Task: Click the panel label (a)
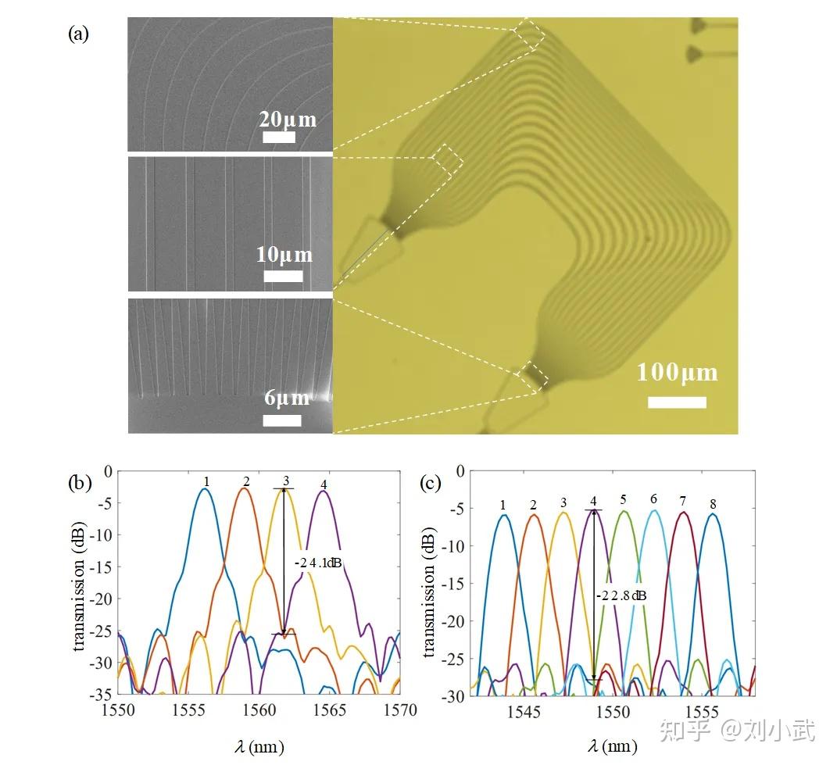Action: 78,34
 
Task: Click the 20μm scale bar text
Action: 288,120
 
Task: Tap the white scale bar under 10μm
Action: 283,276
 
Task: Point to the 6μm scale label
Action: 287,398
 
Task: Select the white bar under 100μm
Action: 677,402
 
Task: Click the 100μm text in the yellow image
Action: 677,373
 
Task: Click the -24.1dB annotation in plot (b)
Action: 317,563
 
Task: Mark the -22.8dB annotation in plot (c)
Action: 621,595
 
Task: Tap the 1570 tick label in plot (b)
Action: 400,710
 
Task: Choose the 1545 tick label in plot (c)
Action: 523,712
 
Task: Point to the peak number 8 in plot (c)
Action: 713,504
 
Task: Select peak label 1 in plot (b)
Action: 206,481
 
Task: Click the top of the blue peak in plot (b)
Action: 205,488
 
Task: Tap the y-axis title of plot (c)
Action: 428,592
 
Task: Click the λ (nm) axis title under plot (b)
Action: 259,745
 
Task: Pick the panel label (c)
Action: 431,484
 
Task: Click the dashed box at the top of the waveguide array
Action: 530,34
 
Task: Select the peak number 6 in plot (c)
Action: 653,499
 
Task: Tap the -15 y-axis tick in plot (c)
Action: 452,584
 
